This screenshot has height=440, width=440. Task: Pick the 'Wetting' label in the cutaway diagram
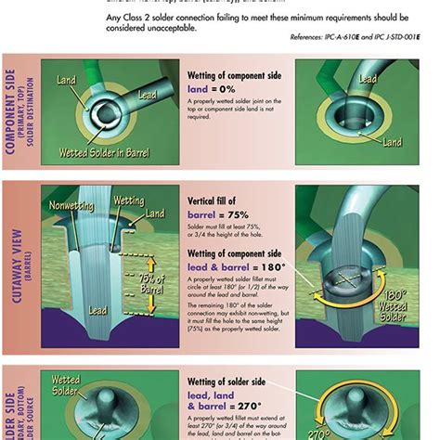127,201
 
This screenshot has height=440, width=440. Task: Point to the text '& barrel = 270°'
227,407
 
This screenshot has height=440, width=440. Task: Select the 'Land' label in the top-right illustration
392,142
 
